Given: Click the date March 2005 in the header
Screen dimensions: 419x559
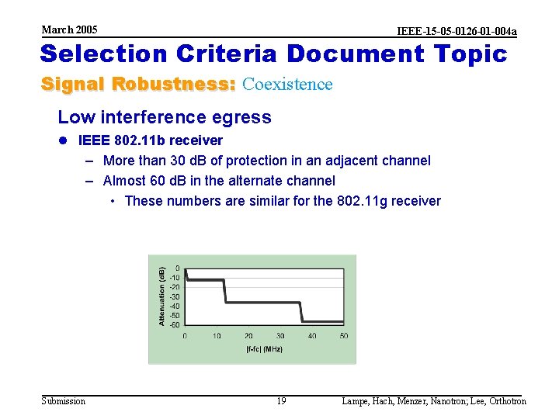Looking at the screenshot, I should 69,29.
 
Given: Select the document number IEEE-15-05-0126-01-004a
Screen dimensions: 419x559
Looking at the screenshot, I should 457,31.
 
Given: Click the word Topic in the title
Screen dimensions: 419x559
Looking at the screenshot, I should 473,54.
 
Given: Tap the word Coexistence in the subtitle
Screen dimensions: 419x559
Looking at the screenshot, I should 287,84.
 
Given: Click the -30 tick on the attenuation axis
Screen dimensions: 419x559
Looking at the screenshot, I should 175,296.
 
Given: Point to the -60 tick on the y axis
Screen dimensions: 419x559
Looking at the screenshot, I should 175,324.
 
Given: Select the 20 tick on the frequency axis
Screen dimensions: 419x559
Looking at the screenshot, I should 248,336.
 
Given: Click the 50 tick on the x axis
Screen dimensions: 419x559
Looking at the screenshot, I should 344,336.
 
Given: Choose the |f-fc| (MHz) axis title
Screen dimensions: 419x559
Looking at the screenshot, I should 264,349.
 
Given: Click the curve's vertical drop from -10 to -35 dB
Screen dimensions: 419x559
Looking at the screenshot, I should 224,291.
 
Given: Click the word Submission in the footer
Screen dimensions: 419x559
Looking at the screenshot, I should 64,401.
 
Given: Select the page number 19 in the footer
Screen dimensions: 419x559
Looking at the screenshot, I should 281,401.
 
